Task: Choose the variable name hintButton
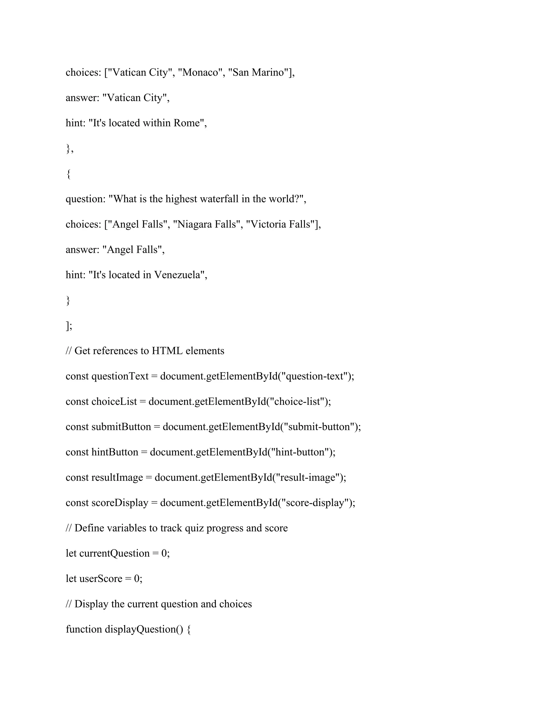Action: pos(115,452)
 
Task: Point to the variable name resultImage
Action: pos(117,478)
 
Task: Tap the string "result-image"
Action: pos(307,478)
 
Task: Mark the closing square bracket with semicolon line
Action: pos(69,326)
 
